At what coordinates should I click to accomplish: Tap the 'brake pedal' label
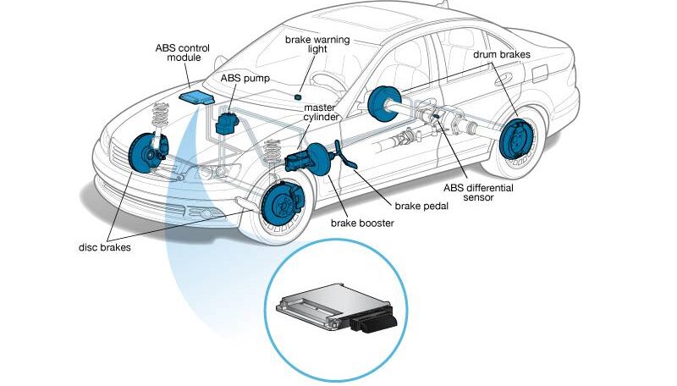(x=420, y=205)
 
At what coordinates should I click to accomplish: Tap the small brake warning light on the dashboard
(x=311, y=90)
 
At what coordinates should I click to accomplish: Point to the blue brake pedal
(x=345, y=157)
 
